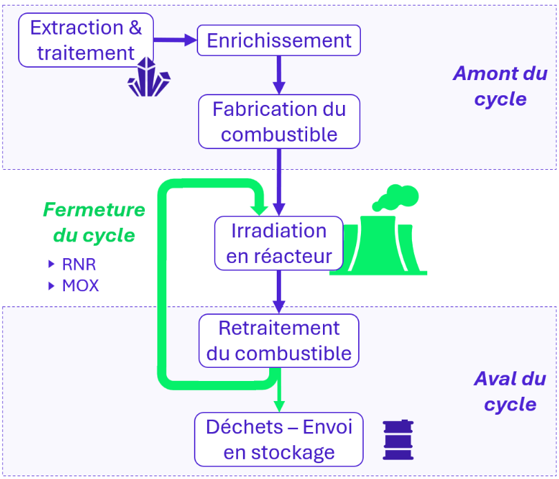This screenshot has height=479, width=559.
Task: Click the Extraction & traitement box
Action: pyautogui.click(x=86, y=40)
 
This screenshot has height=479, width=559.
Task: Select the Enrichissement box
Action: pyautogui.click(x=279, y=41)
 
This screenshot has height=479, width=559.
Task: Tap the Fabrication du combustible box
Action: pyautogui.click(x=279, y=121)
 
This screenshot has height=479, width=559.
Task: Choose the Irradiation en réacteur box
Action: pyautogui.click(x=279, y=243)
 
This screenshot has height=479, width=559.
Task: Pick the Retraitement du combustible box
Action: pyautogui.click(x=279, y=340)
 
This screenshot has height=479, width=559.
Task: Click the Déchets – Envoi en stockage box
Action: pyautogui.click(x=279, y=439)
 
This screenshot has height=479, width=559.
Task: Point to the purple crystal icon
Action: pyautogui.click(x=148, y=78)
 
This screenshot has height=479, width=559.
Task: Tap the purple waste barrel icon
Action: pyautogui.click(x=398, y=440)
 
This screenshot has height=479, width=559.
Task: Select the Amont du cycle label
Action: pyautogui.click(x=500, y=86)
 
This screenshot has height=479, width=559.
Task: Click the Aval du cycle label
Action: pyautogui.click(x=509, y=391)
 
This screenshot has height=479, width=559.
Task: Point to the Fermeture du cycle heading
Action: pyautogui.click(x=94, y=222)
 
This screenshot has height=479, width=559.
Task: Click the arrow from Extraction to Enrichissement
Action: pyautogui.click(x=175, y=40)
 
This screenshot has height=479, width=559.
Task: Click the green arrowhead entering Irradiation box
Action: pyautogui.click(x=260, y=206)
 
